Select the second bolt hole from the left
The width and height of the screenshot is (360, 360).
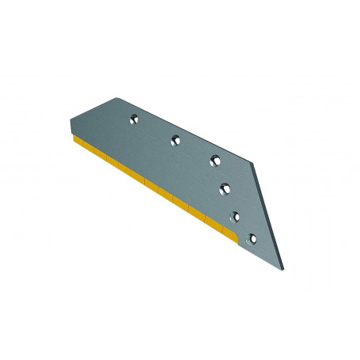(x=174, y=139)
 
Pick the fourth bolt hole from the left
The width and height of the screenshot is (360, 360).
(x=226, y=188)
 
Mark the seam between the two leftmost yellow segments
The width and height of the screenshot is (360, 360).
(x=89, y=148)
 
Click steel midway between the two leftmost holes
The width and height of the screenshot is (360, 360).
(x=153, y=130)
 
